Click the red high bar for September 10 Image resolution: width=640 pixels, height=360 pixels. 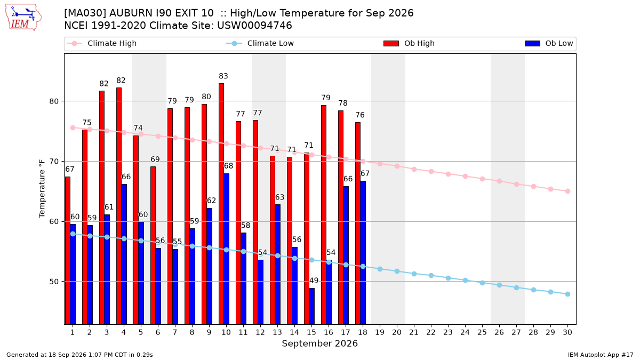221,204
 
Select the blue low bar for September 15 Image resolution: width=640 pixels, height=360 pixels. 311,306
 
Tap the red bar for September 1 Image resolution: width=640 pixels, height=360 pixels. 68,251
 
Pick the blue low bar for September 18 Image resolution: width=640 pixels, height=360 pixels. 363,253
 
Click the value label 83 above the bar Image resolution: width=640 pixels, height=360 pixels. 223,76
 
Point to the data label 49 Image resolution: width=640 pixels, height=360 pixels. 314,281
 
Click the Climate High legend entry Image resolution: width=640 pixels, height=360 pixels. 102,43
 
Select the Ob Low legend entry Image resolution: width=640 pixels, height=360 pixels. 549,43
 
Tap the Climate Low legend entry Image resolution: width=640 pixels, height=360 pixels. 260,43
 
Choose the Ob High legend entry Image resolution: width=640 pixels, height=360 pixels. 409,43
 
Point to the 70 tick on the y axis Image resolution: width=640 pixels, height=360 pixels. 54,162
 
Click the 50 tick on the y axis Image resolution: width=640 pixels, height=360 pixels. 54,282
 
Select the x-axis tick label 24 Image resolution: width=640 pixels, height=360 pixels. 465,332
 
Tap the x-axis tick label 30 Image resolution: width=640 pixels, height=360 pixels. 567,332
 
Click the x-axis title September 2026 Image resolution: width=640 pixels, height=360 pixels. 319,343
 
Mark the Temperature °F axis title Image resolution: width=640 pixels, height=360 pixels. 42,189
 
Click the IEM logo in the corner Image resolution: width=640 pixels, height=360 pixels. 23,18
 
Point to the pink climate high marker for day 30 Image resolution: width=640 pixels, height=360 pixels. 567,191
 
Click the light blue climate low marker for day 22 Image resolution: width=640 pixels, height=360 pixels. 431,275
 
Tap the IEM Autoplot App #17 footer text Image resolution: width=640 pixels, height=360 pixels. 601,355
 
